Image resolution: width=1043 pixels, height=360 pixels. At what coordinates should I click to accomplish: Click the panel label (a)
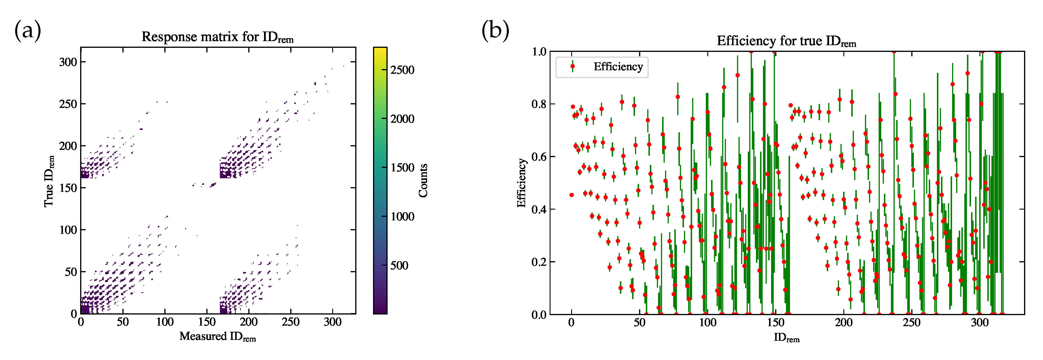(x=27, y=31)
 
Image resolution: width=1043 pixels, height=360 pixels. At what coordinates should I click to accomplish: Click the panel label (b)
(x=495, y=31)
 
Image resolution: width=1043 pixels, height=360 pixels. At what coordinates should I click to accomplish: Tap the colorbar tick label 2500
(x=402, y=70)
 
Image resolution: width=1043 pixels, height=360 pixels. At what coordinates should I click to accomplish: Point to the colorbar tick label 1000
(x=402, y=217)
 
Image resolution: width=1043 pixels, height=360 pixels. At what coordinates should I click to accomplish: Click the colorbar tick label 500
(x=399, y=266)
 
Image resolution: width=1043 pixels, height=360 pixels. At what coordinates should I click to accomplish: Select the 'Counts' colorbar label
(x=423, y=181)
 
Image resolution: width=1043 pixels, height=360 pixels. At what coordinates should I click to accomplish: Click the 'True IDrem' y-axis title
(x=49, y=181)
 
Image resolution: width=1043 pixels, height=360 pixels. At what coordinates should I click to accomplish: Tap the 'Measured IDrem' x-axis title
(x=217, y=336)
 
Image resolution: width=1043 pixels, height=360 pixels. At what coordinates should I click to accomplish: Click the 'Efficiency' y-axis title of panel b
(x=522, y=183)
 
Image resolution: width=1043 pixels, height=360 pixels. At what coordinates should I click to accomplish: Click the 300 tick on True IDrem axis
(x=68, y=62)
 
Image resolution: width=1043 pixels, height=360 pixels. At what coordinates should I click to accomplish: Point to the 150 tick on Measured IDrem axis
(x=207, y=322)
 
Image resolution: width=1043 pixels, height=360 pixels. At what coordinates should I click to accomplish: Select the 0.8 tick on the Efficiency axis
(x=539, y=104)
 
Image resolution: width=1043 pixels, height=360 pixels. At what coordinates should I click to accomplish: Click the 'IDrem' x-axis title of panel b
(x=786, y=338)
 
